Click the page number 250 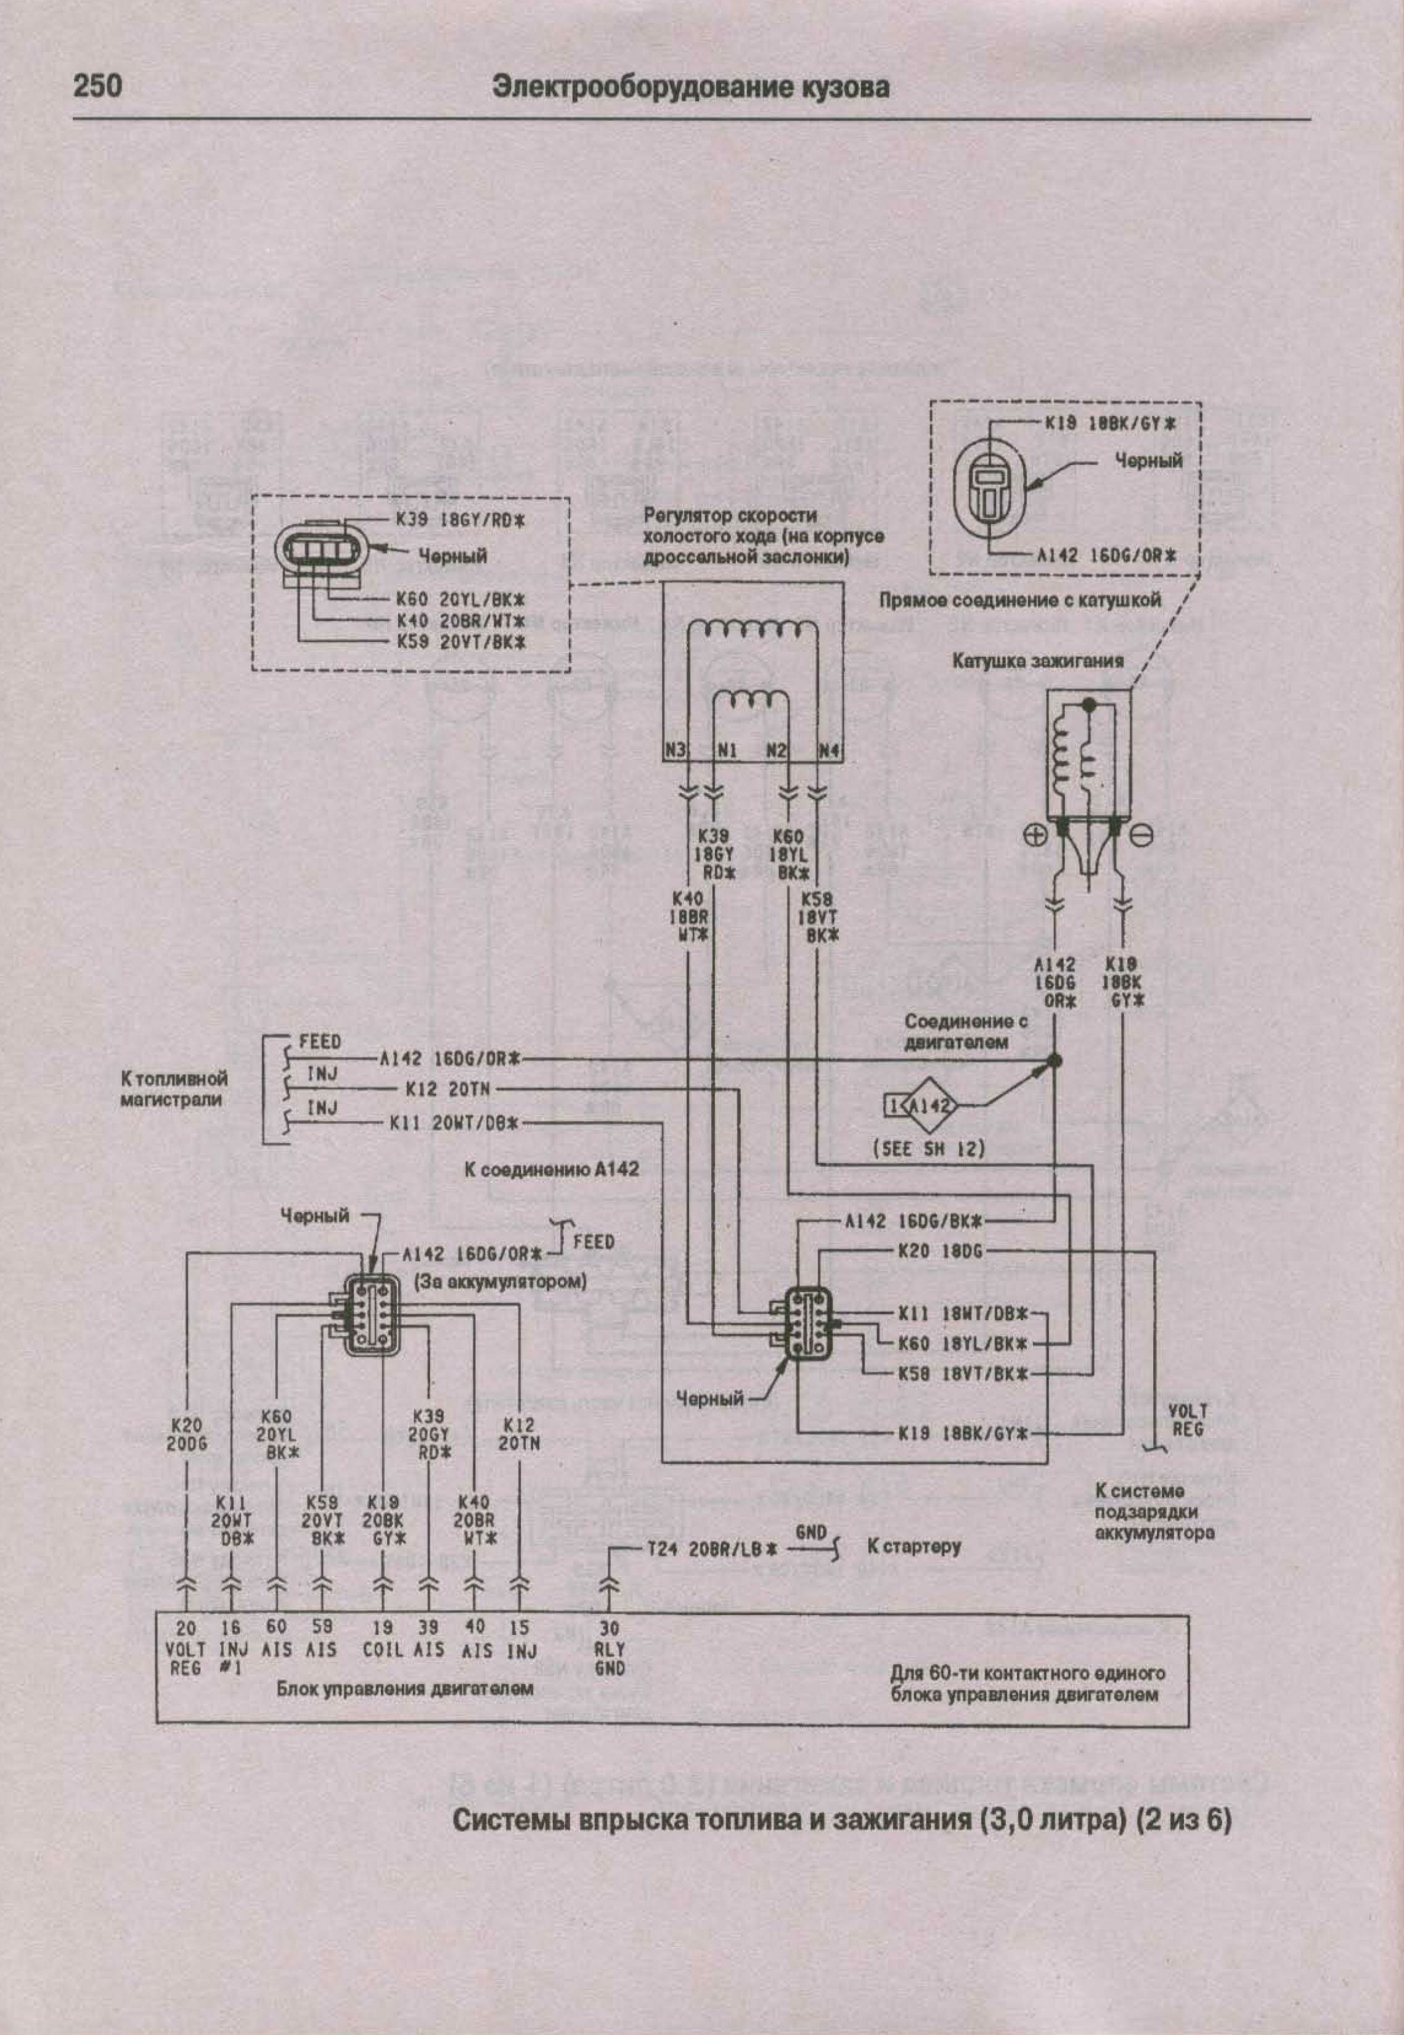click(x=97, y=87)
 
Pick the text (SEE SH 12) click(x=928, y=1149)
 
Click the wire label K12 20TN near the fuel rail click(x=448, y=1090)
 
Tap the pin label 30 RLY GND click(x=609, y=1650)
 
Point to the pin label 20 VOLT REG click(x=186, y=1650)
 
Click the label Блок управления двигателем click(x=405, y=1689)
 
